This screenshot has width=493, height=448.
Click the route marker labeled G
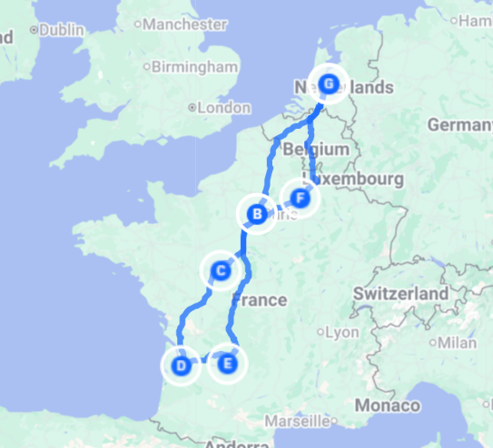pos(329,84)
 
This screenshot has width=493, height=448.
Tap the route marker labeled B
pos(257,215)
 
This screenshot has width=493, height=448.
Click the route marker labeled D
pos(182,366)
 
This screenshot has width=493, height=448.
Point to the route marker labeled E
pos(227,365)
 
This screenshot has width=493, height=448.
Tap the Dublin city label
pos(59,29)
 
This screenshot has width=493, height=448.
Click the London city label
pos(223,107)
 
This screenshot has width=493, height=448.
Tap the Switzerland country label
pos(400,294)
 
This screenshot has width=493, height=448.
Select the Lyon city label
pos(342,332)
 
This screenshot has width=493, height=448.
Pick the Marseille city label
pos(297,421)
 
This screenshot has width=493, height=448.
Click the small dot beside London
pos(192,107)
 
